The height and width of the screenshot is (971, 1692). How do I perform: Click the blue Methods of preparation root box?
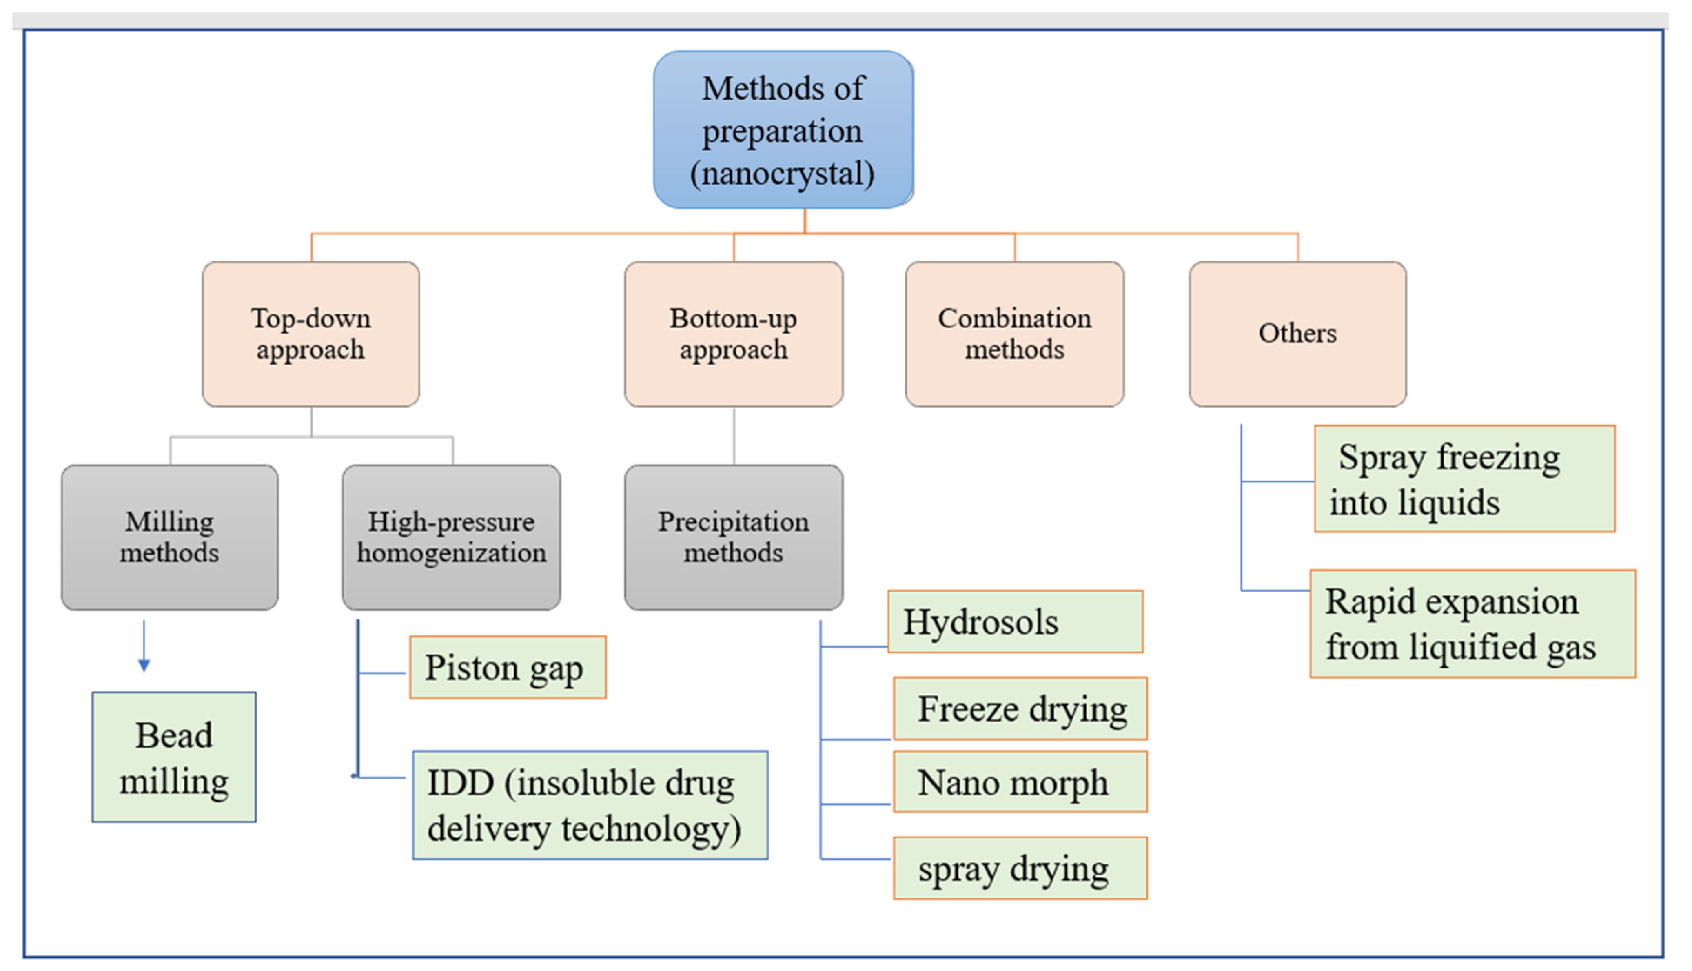click(x=783, y=130)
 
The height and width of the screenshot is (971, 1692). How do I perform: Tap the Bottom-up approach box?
click(x=733, y=334)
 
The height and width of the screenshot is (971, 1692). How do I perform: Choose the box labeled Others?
click(x=1297, y=334)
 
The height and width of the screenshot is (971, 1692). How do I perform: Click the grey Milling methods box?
click(x=169, y=537)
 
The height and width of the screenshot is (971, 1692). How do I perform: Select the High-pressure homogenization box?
click(x=451, y=537)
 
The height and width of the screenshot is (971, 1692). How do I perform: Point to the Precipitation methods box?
click(x=733, y=537)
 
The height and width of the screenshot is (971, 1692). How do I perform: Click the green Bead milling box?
click(x=174, y=757)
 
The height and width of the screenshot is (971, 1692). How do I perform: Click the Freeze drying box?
click(x=1020, y=708)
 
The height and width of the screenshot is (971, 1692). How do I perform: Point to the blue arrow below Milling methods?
click(x=144, y=647)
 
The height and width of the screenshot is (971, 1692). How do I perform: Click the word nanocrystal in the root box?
click(x=783, y=174)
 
